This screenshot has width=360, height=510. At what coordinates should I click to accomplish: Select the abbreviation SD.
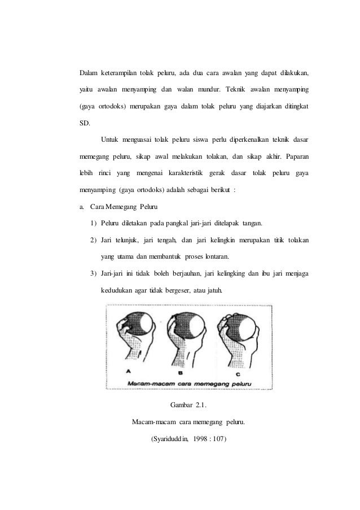coord(84,123)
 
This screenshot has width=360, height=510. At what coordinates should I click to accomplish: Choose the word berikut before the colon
coord(216,189)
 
